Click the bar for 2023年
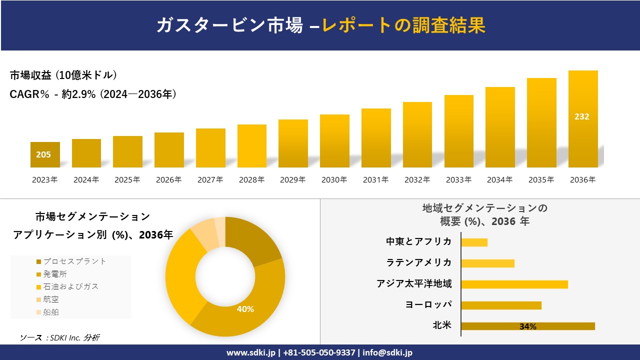coord(45,155)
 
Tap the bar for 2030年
coord(334,141)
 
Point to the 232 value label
coord(582,116)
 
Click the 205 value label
coord(43,154)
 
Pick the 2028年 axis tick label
coord(251,179)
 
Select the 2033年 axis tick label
coord(458,179)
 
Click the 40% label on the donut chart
coord(245,309)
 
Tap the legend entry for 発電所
coord(54,274)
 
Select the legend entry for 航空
coord(50,299)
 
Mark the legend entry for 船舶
coord(50,312)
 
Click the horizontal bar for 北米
coord(528,326)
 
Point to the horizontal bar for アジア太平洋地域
coord(514,284)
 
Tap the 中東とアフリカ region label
coord(418,241)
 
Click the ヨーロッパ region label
coord(428,304)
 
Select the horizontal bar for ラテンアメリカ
coord(487,263)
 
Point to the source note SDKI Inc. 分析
coord(59,337)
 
